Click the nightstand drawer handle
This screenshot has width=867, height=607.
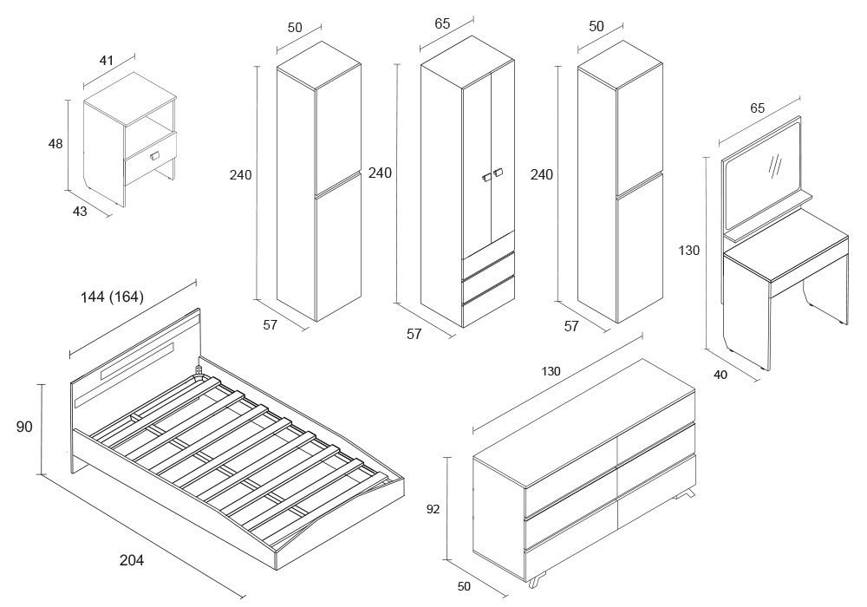click(x=155, y=155)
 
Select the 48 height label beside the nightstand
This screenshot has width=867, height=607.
click(x=55, y=144)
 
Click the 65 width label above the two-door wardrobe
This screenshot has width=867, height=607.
click(x=442, y=24)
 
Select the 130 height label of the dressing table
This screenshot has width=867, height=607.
click(x=689, y=251)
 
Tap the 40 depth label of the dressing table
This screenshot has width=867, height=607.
click(x=721, y=374)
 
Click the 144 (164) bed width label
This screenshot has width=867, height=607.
click(x=112, y=297)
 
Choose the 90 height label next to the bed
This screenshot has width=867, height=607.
click(x=24, y=426)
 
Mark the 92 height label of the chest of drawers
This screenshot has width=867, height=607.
click(x=433, y=510)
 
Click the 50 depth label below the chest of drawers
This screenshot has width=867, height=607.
click(x=464, y=586)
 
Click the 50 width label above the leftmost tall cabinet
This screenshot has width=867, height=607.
click(x=294, y=28)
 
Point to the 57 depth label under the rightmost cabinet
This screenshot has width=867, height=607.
click(x=570, y=326)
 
